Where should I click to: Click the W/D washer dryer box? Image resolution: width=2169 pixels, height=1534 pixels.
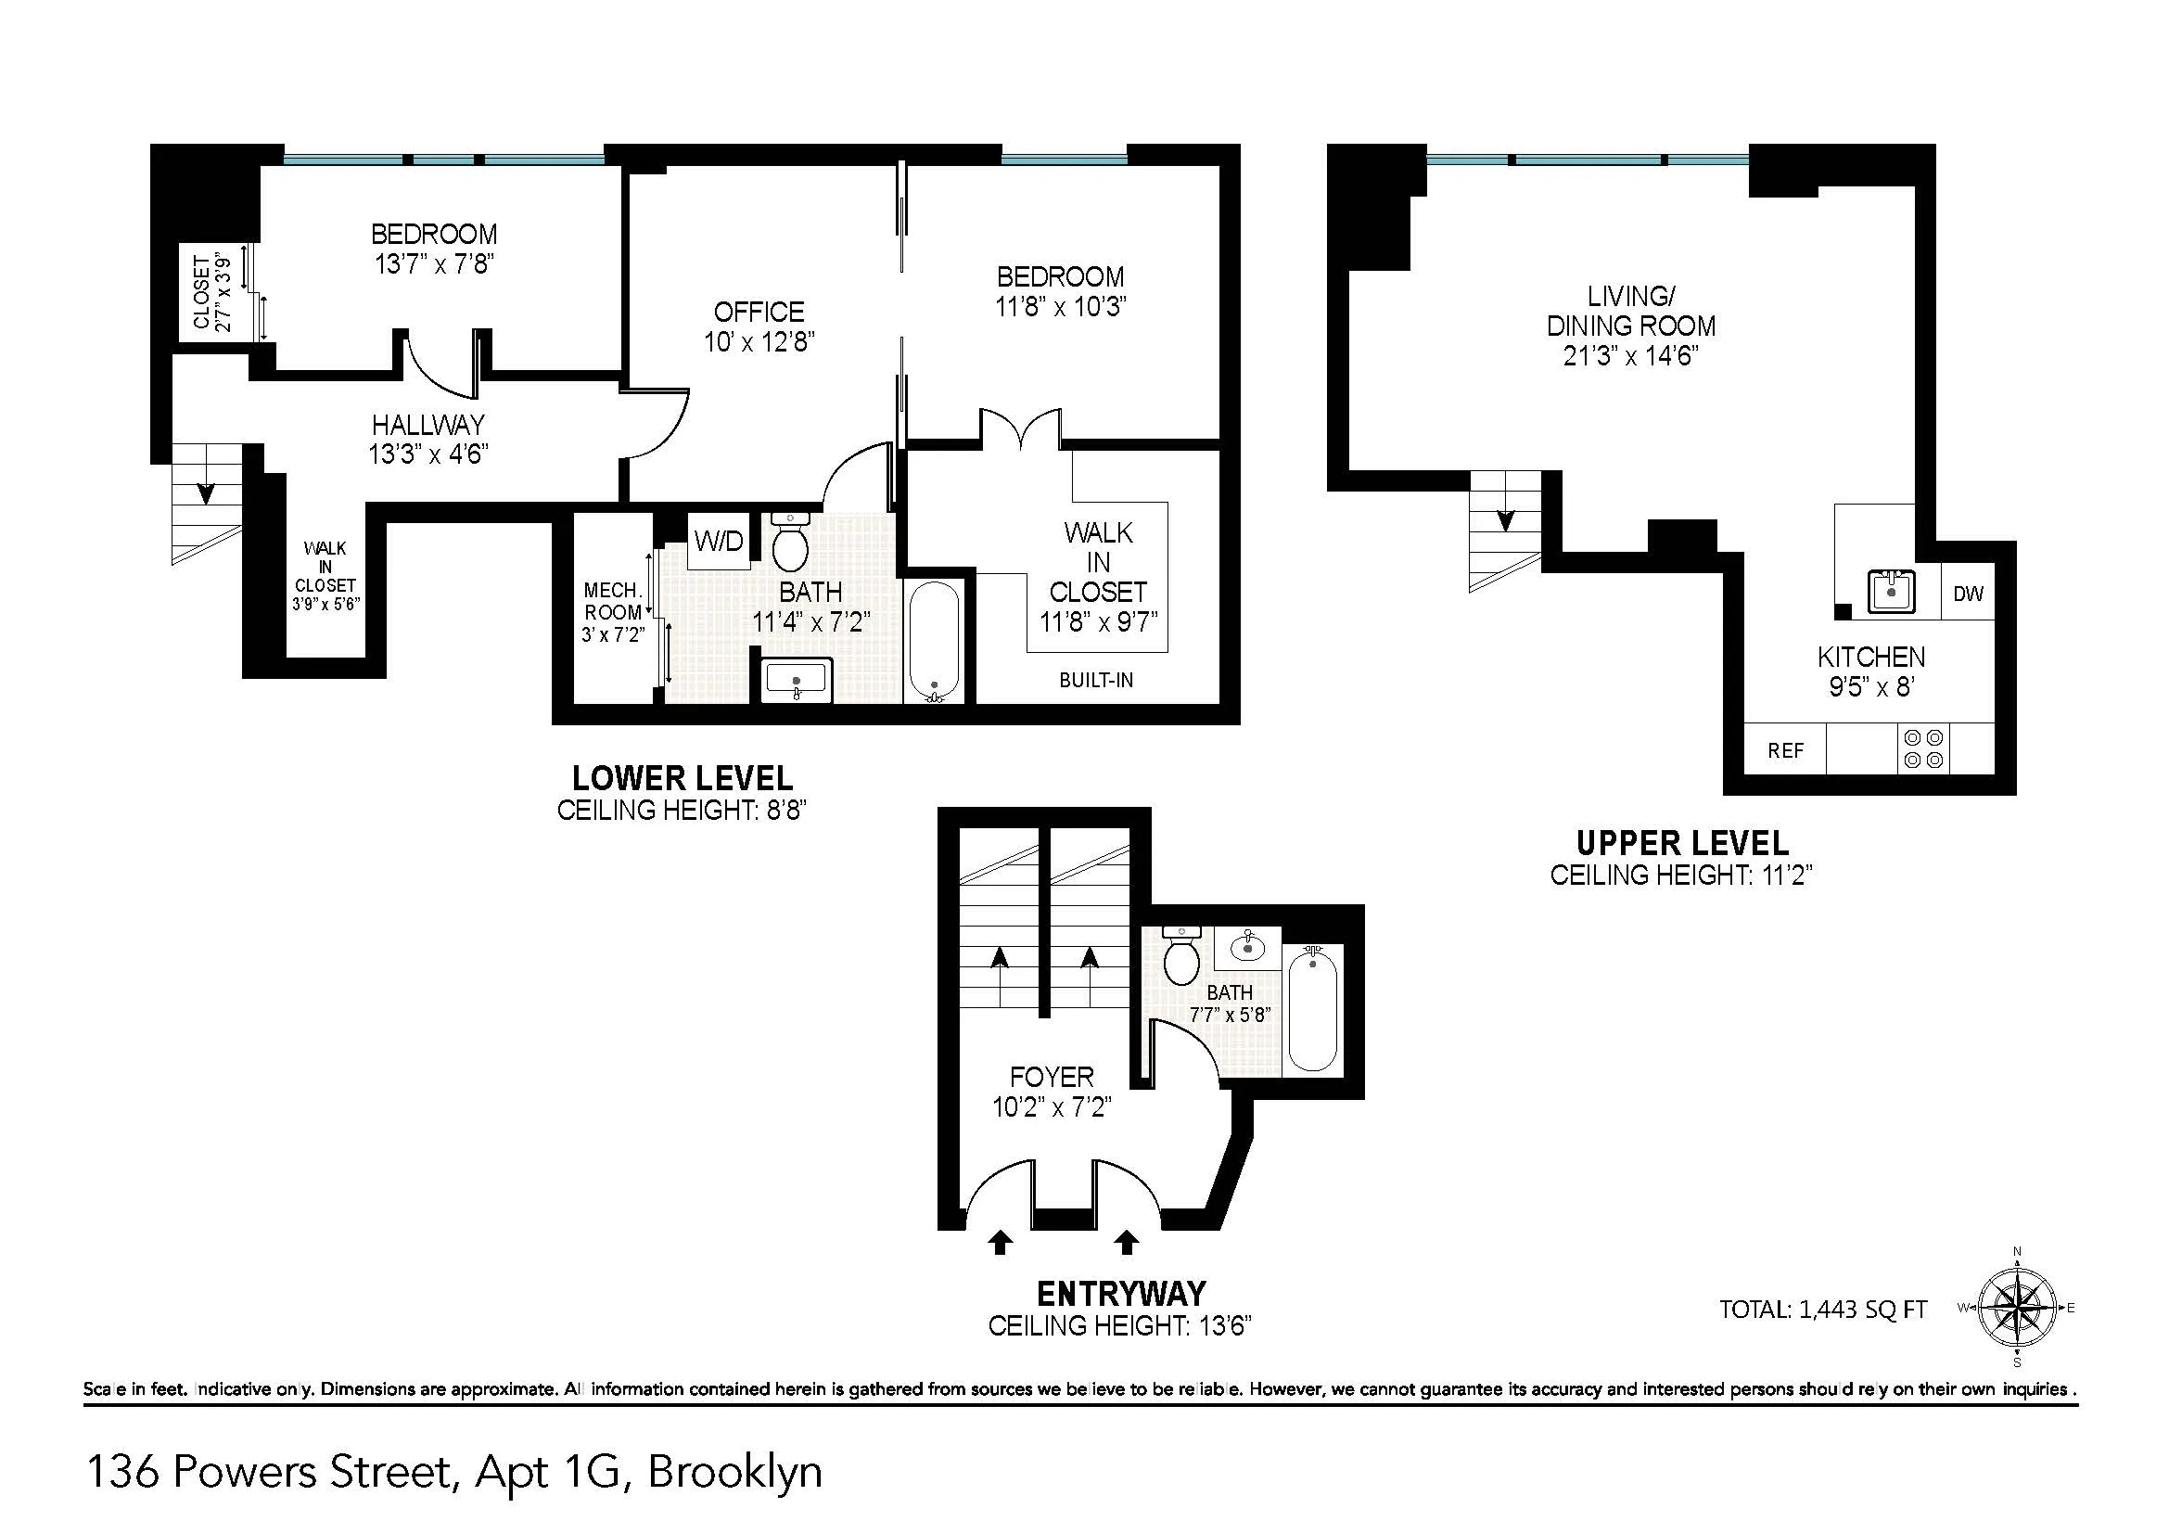(x=718, y=542)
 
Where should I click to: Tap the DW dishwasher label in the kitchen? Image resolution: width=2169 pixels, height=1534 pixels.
(x=1968, y=594)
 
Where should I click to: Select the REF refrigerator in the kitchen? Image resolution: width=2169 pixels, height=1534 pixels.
(x=1785, y=750)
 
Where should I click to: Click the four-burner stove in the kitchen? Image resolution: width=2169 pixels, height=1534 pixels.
(x=1923, y=749)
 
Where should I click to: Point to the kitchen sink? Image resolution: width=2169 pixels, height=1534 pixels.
(x=1890, y=592)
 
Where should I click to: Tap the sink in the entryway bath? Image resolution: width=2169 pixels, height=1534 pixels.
(x=1247, y=945)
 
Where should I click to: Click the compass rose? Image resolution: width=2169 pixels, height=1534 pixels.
(x=2017, y=1309)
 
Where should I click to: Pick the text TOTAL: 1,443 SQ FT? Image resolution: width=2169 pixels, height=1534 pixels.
(x=1822, y=1310)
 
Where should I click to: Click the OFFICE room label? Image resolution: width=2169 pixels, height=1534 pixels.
(x=759, y=312)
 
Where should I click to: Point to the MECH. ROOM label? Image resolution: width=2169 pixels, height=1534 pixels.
(x=612, y=602)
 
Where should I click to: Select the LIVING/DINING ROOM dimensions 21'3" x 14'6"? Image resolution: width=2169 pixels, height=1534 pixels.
(x=1630, y=356)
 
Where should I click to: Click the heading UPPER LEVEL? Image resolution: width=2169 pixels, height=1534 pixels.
(x=1681, y=842)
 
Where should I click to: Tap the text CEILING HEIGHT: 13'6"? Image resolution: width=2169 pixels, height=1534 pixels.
(x=1119, y=1326)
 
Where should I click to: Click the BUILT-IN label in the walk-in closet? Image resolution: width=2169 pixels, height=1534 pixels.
(x=1096, y=680)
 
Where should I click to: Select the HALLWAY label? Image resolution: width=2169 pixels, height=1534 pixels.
(x=427, y=424)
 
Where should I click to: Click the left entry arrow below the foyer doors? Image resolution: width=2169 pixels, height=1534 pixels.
(x=1000, y=1242)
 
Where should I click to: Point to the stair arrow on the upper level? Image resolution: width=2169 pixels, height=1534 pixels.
(x=1505, y=519)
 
